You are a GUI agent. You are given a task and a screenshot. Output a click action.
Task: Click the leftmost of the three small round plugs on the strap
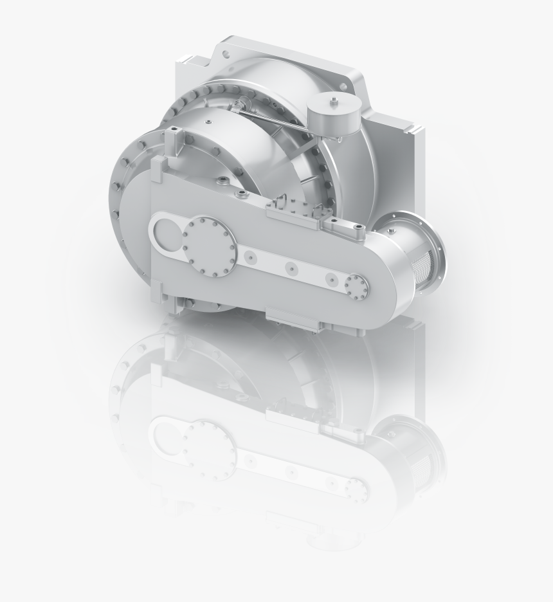(x=249, y=257)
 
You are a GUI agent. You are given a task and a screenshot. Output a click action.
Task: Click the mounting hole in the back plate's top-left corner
(x=228, y=48)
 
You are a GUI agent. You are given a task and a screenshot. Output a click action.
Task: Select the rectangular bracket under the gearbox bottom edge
(x=293, y=320)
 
